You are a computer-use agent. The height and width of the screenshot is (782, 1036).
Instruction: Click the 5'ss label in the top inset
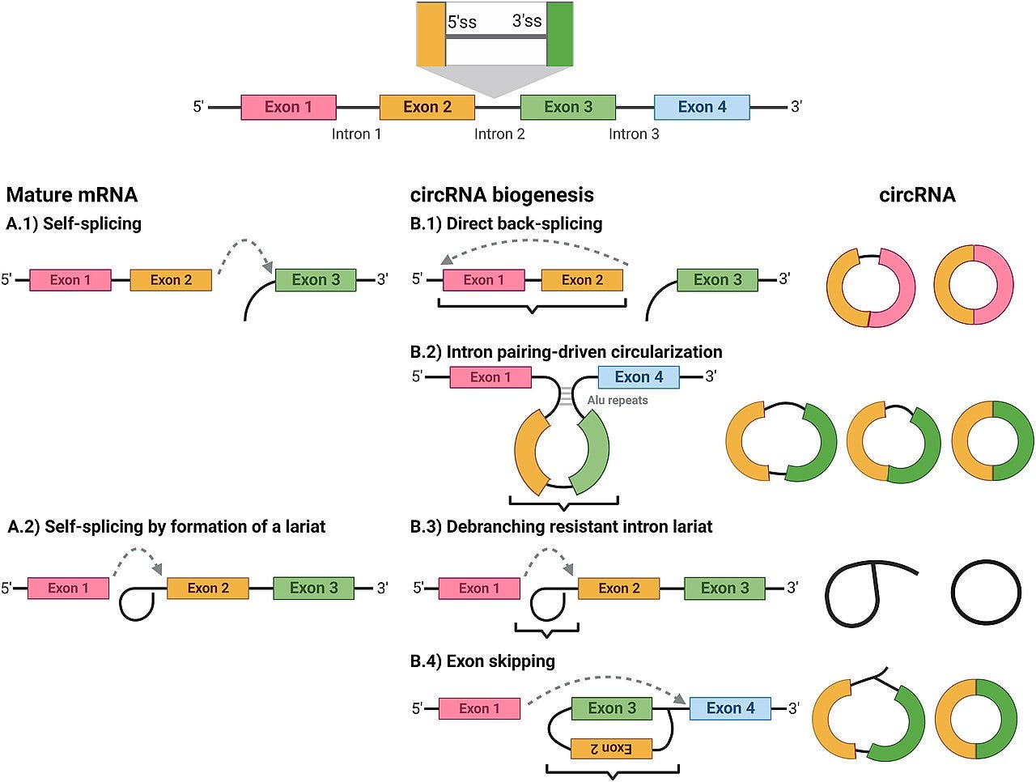coord(461,22)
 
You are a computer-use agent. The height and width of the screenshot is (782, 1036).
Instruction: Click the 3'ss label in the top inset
coord(527,21)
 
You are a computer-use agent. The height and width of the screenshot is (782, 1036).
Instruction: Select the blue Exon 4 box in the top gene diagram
coord(702,107)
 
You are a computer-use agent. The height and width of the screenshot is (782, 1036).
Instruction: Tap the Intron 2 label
coord(499,134)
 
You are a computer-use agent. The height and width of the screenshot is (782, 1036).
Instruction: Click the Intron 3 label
coord(634,134)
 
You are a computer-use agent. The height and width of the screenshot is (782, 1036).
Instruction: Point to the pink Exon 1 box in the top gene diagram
coord(288,107)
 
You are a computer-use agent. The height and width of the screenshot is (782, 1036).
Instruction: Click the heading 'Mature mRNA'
coord(72,195)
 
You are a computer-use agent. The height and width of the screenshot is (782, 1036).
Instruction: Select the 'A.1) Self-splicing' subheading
coord(74,223)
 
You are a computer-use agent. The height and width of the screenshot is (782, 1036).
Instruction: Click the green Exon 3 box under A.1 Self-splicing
coord(316,280)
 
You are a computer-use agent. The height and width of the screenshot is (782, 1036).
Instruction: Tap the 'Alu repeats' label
coord(618,400)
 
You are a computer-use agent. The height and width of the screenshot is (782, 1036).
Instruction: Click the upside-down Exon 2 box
coord(611,748)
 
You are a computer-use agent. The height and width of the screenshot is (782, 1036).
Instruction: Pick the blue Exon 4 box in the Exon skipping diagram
coord(730,708)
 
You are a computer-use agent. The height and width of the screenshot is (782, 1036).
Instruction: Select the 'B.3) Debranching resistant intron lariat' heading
coord(561,527)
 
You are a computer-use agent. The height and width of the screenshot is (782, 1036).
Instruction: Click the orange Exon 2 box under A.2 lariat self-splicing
coord(208,588)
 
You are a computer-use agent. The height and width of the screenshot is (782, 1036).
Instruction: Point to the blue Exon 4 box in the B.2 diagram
coord(639,377)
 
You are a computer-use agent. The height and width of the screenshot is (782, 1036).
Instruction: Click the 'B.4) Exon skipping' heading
coord(482,661)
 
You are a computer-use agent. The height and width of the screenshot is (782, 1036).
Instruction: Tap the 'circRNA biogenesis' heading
coord(502,195)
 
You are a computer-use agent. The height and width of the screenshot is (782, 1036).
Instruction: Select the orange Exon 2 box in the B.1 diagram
coord(582,280)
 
